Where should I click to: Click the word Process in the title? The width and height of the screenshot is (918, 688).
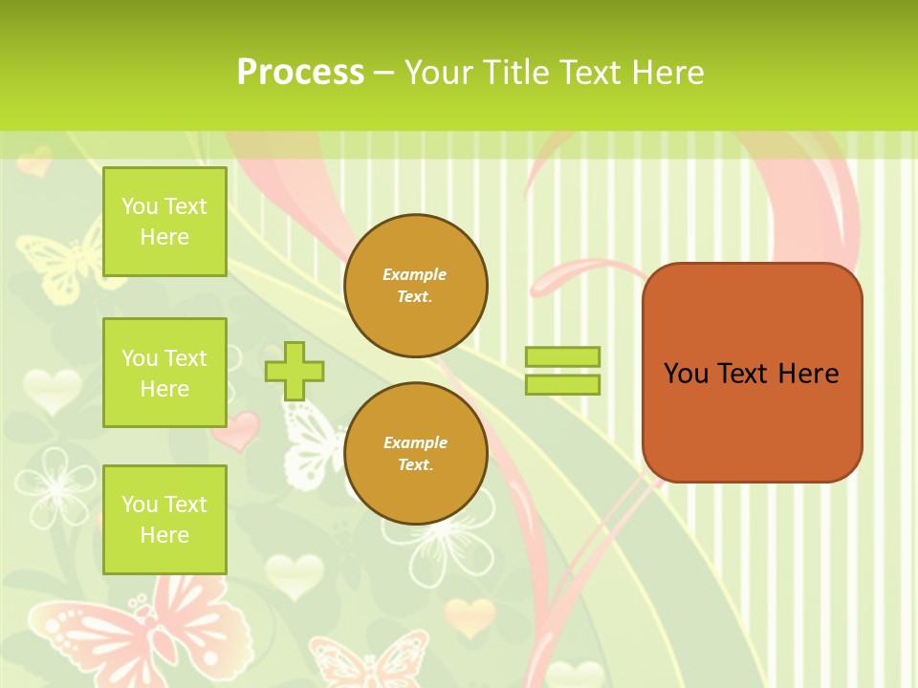300,72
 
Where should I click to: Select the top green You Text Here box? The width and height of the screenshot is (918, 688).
164,222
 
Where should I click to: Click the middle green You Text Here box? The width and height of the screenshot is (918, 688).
164,373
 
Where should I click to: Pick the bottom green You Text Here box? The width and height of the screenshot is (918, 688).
164,519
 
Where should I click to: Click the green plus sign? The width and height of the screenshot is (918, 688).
295,371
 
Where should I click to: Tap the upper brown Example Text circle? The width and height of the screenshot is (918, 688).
415,286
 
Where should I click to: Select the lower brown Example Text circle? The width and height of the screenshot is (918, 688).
415,453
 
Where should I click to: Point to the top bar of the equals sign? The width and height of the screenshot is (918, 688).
562,356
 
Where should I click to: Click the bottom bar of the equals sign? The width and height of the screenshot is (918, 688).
562,384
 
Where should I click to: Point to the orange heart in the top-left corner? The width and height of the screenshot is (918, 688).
34,161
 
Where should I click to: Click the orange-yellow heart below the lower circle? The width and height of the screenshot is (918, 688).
469,616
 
